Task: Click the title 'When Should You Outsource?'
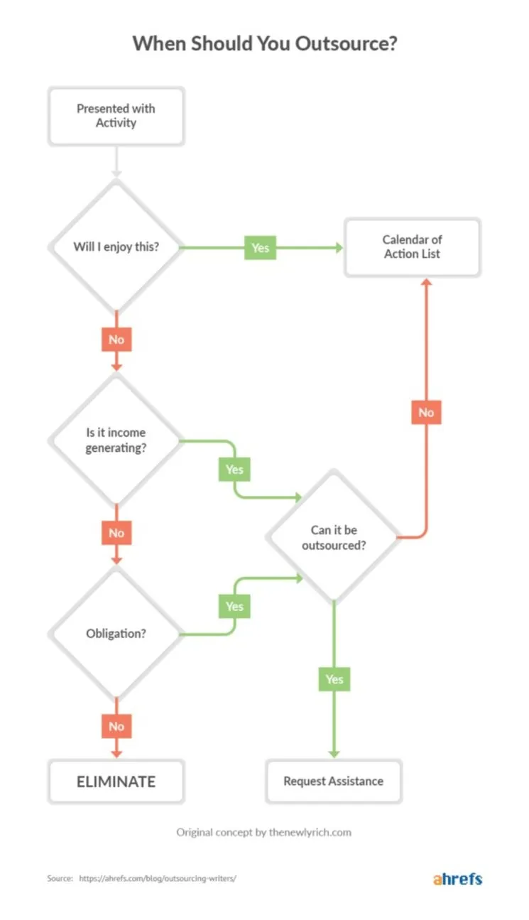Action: point(264,43)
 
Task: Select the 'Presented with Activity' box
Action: point(116,116)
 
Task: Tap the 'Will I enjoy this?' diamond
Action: point(116,247)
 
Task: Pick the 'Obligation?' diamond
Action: point(116,633)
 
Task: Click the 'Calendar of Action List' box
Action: point(412,247)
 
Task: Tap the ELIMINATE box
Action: point(116,781)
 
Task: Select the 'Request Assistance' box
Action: point(333,781)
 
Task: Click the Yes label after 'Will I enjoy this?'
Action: point(261,248)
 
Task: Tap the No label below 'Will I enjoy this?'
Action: point(116,340)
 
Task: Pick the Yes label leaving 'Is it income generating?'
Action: point(234,470)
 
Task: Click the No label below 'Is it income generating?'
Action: point(116,533)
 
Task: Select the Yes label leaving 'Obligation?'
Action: point(234,606)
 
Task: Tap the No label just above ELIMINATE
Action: point(116,726)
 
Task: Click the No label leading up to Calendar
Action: point(426,412)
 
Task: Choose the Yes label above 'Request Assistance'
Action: point(334,679)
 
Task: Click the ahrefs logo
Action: point(457,879)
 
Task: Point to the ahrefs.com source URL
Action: point(158,879)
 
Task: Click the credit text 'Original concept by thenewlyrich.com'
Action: point(263,832)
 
